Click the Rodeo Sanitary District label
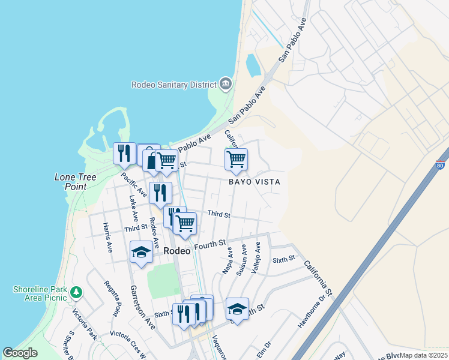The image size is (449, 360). point(174,85)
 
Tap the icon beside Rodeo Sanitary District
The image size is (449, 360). point(226,83)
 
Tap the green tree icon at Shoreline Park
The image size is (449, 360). point(76,292)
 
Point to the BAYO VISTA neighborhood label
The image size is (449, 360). point(254,181)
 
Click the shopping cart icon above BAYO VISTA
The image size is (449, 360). point(236,160)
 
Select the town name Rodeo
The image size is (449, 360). point(177,251)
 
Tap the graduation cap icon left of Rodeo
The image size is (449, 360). point(141,251)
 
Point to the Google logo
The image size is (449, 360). point(20,353)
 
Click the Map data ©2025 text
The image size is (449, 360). point(423,355)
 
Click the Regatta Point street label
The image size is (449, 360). point(112,298)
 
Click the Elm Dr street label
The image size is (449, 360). point(264,349)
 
